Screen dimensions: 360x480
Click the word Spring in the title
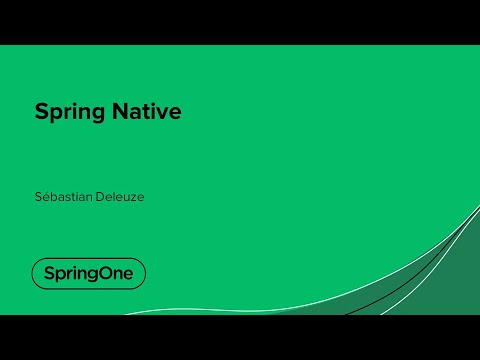point(70,112)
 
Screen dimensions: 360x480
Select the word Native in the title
point(147,111)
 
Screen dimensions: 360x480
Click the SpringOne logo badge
point(88,273)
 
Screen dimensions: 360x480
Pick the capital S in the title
point(41,111)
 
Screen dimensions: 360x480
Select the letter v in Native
point(164,112)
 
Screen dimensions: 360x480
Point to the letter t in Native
point(147,111)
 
